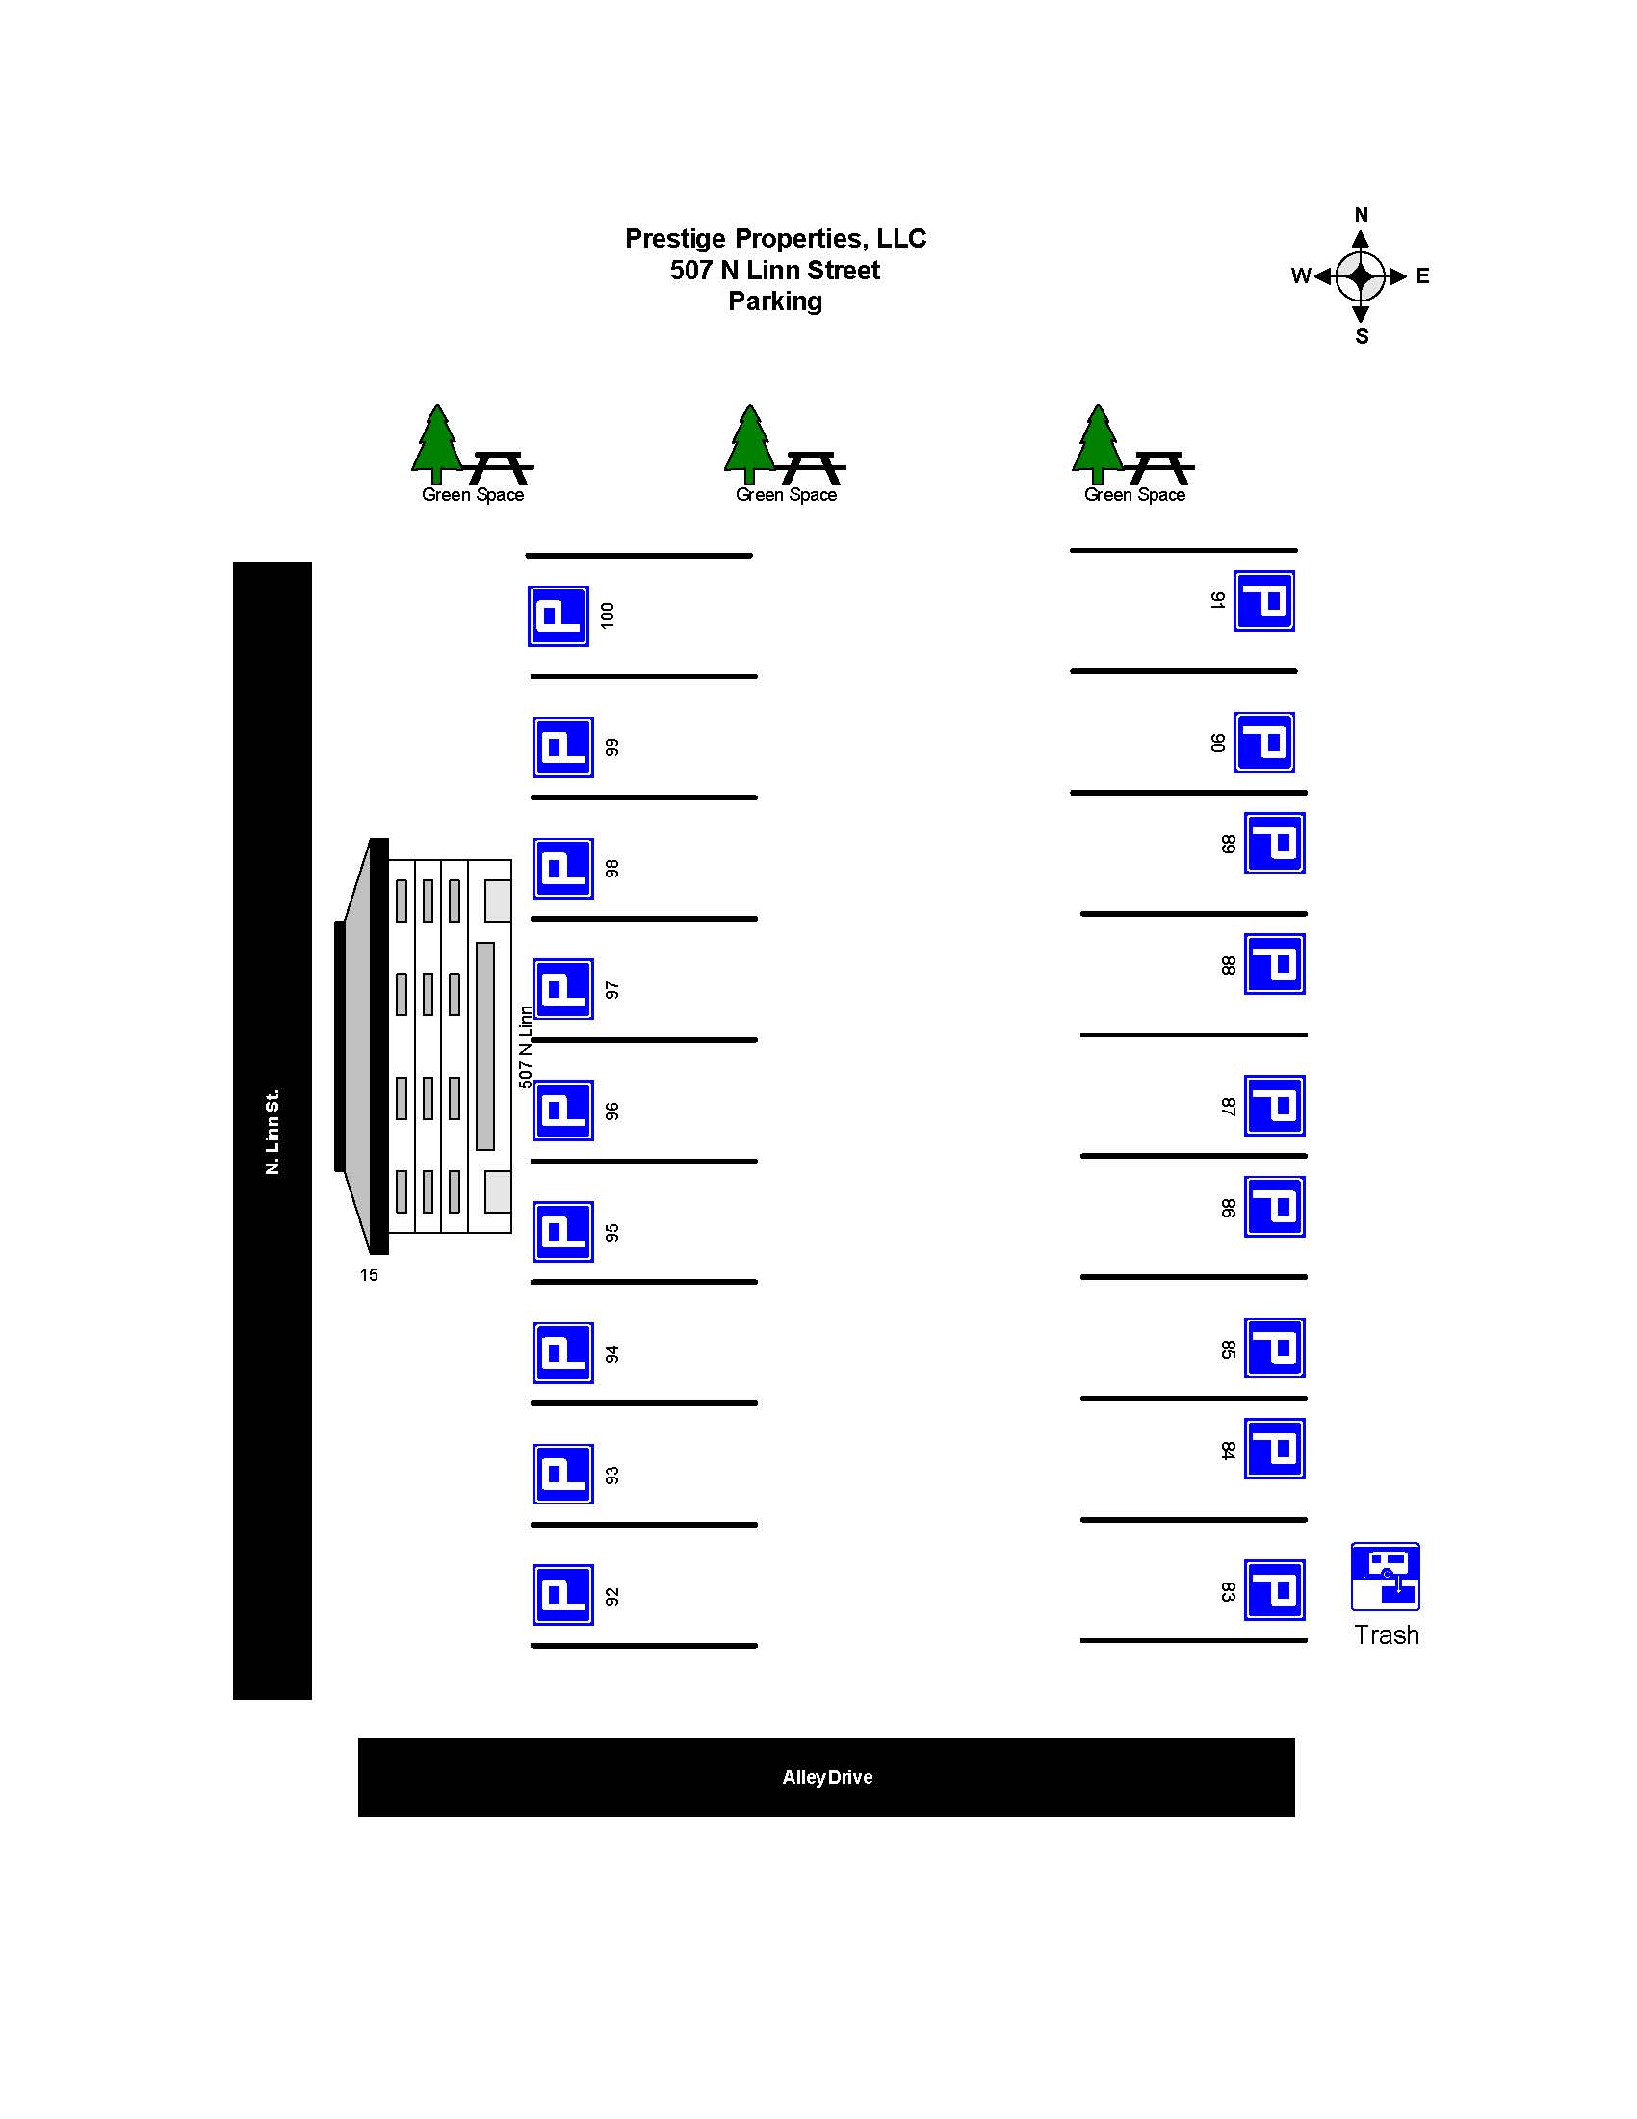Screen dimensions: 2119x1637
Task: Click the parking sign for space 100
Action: coord(558,616)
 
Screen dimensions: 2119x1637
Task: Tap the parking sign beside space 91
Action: coord(1262,601)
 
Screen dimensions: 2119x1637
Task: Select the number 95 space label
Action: coord(611,1232)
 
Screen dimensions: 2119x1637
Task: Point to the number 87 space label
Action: coord(1228,1106)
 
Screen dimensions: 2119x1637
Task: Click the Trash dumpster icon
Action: coord(1385,1577)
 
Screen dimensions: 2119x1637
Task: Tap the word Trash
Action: coord(1386,1635)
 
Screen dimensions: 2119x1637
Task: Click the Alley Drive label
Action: coord(827,1776)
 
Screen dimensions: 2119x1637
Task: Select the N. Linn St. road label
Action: coord(273,1132)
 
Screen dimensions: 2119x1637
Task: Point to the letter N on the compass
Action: coord(1361,216)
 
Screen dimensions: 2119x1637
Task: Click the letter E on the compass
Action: coord(1421,276)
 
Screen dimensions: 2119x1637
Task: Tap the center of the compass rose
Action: coord(1361,276)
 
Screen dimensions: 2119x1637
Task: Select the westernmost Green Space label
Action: coord(472,495)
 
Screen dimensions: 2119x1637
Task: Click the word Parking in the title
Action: coord(775,301)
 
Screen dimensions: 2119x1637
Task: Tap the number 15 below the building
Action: coord(369,1275)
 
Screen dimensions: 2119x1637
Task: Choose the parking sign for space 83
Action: coord(1274,1590)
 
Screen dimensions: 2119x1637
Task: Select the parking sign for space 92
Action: coord(562,1595)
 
